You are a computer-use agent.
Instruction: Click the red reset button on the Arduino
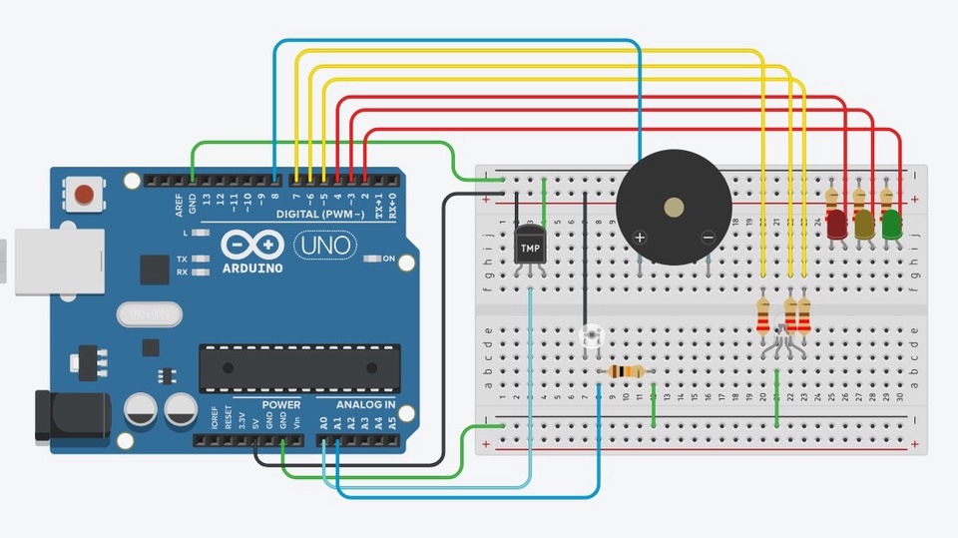84,193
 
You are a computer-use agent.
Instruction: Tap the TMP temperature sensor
530,246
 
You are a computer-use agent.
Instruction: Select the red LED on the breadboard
836,225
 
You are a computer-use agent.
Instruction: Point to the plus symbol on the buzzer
640,237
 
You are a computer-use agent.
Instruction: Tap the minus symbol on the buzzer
708,237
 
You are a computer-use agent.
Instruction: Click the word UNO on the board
326,244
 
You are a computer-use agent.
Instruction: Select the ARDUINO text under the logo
253,268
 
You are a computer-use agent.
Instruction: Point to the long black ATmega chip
299,367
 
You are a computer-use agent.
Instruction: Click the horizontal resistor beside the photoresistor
626,372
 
